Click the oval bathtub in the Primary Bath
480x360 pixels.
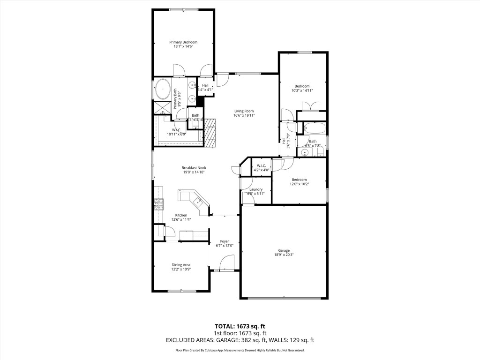coord(163,89)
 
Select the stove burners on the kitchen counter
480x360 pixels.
coord(158,203)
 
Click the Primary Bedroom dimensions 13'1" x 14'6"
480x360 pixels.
coord(183,46)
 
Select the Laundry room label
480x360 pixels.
coord(256,189)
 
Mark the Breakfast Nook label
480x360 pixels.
coord(194,168)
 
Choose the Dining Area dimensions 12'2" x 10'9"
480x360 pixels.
coord(180,269)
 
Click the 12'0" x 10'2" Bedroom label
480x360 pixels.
coord(299,184)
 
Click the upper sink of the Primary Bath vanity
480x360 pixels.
coord(193,85)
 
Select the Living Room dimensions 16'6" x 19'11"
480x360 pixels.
coord(244,115)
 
